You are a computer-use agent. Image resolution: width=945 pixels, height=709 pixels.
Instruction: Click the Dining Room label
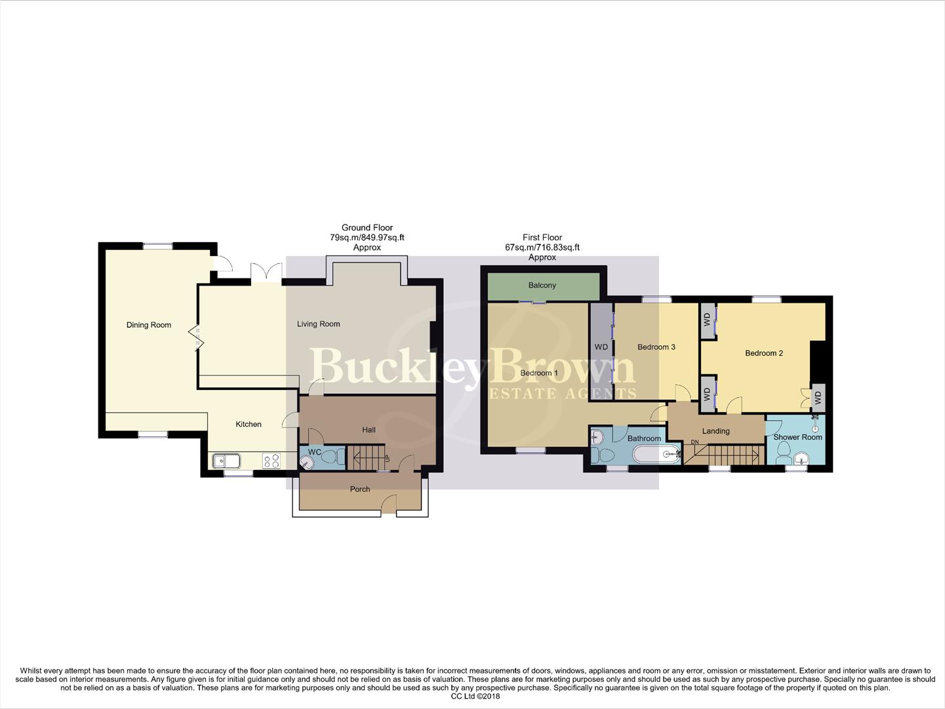[149, 325]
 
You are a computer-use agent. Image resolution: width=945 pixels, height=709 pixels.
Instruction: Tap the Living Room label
[318, 324]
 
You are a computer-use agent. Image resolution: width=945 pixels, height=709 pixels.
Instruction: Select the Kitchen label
[249, 424]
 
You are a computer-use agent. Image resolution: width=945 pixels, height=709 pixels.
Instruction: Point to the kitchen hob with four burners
[271, 461]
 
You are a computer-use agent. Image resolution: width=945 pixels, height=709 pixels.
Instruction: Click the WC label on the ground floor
[315, 452]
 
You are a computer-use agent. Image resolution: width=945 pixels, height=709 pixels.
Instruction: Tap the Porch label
[360, 489]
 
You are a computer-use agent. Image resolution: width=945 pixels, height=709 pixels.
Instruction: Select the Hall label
[369, 430]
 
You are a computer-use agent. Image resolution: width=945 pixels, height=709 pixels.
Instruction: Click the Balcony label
[542, 286]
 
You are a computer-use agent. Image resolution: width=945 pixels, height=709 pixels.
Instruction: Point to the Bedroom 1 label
[539, 373]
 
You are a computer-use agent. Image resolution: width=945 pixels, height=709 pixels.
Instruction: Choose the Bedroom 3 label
[656, 347]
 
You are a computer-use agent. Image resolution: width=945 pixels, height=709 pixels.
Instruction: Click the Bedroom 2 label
[764, 353]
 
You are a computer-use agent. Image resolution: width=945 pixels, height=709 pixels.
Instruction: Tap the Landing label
[715, 431]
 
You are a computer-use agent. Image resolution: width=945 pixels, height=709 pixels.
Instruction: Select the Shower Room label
[797, 437]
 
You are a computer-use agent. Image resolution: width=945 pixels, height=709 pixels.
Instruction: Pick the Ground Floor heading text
[367, 228]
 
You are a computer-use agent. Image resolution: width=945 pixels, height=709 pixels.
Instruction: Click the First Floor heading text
[542, 238]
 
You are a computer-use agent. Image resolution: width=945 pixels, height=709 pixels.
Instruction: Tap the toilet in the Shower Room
[782, 452]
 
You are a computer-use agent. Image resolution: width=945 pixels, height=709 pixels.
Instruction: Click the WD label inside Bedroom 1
[601, 347]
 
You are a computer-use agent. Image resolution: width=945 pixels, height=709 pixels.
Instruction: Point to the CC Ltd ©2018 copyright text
[475, 696]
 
